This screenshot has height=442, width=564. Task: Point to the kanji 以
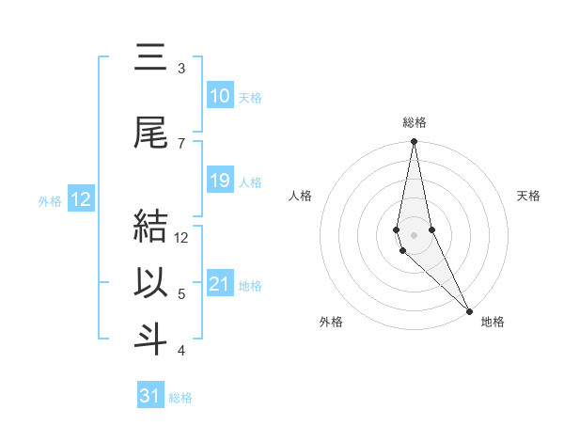tap(151, 283)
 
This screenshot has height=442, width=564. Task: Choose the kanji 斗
tap(151, 339)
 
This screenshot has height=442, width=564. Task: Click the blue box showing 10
tap(220, 96)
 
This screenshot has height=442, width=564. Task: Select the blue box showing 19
tap(220, 181)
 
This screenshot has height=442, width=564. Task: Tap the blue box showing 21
tap(220, 285)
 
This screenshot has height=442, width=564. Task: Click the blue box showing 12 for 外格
tap(81, 199)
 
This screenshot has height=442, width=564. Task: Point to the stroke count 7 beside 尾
tap(181, 143)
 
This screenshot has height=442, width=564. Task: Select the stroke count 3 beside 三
tap(181, 69)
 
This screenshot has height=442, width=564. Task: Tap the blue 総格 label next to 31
tap(180, 398)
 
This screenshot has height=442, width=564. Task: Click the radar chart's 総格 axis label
tap(415, 122)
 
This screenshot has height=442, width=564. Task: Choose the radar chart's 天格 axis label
tap(529, 196)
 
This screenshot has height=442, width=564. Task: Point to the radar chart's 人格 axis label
tap(300, 196)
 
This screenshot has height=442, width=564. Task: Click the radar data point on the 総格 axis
tap(415, 142)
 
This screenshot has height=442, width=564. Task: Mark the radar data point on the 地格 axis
tap(470, 310)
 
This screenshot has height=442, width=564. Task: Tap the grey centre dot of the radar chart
tap(415, 234)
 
